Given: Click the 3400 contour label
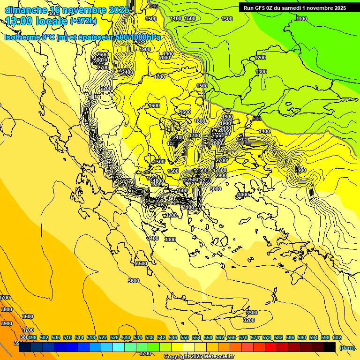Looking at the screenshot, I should pos(153,238).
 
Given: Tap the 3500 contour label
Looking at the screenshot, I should pos(142,263).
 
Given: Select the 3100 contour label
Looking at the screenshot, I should pos(188,207).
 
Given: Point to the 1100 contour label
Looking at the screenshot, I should pos(302,19).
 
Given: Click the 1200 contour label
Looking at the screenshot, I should pos(261,58).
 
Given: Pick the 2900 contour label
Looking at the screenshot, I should pos(221,175).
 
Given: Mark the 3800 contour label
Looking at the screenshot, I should pos(7,309).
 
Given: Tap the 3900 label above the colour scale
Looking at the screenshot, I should pos(7,323).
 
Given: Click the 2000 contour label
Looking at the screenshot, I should pos(165,58).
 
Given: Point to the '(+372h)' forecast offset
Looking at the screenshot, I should pos(83,21).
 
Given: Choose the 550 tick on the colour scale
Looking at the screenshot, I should pos(184,337).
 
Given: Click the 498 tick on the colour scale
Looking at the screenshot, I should pos(32,337).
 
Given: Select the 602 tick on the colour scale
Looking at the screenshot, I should pos(337,337).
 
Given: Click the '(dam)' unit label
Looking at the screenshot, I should pos(347,347).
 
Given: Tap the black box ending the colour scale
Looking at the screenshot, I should pos(330,347).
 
